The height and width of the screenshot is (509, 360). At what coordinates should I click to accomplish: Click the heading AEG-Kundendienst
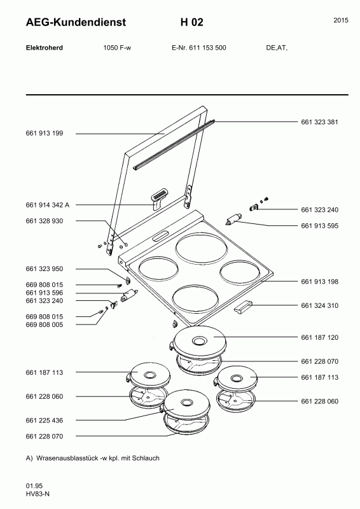click(x=76, y=22)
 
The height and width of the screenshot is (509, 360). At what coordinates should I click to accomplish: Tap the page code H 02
click(x=192, y=22)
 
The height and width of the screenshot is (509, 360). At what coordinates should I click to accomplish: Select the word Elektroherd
click(x=45, y=48)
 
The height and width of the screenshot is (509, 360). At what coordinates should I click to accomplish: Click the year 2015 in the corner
click(x=341, y=20)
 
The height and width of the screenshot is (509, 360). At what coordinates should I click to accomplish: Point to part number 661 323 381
click(x=319, y=122)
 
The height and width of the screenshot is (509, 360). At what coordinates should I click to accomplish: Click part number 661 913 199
click(x=45, y=133)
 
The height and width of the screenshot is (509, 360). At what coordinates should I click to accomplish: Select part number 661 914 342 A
click(x=48, y=205)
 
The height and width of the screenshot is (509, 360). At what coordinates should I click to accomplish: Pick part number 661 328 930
click(x=45, y=221)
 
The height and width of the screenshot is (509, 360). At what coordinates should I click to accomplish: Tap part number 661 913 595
click(x=319, y=226)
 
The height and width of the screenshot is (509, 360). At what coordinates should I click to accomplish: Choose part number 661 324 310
click(x=319, y=305)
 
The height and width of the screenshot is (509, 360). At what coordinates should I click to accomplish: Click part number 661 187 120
click(x=319, y=337)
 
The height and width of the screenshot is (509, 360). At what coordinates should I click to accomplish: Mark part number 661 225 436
click(x=45, y=421)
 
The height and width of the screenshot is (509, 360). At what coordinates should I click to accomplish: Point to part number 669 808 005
click(x=45, y=324)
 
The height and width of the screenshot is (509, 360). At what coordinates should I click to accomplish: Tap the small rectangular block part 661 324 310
click(x=243, y=307)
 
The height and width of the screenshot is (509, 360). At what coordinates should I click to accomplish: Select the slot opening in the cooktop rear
click(x=161, y=236)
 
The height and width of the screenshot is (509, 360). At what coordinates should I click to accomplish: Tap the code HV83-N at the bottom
click(x=38, y=494)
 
